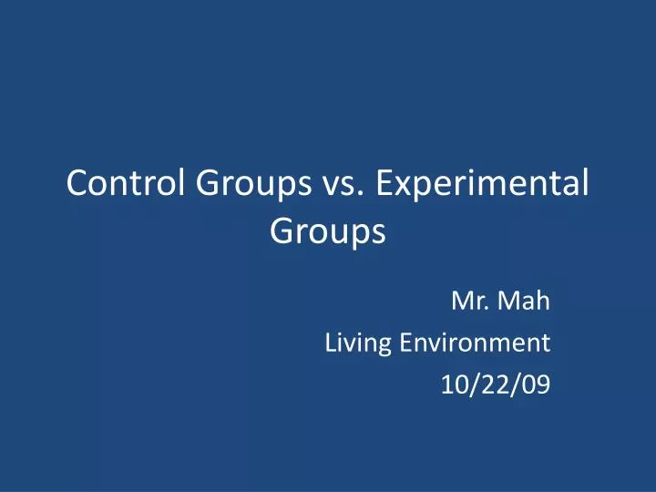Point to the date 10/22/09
pos(495,385)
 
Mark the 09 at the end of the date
pos(537,385)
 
